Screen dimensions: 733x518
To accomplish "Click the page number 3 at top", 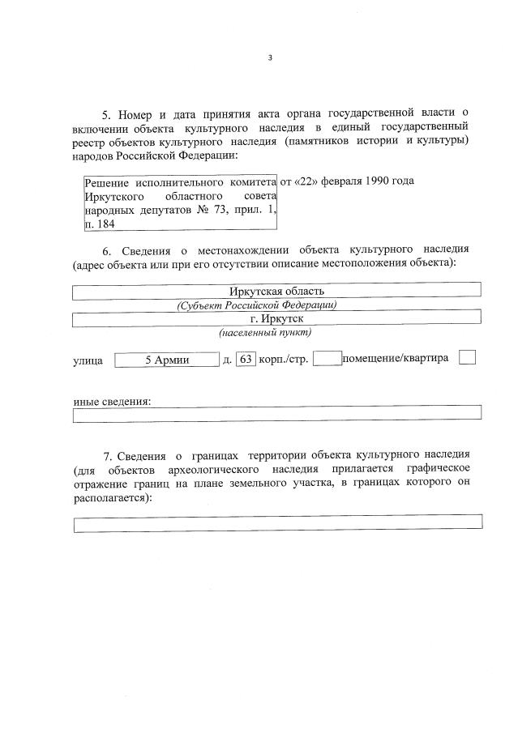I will (x=270, y=58).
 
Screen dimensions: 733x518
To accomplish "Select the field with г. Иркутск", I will (x=276, y=318).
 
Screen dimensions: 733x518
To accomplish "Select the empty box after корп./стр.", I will (x=327, y=359).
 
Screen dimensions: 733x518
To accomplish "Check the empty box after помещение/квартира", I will (x=467, y=357).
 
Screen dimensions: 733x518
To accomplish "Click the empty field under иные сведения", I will (x=276, y=413).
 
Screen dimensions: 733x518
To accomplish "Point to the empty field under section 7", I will (x=277, y=522).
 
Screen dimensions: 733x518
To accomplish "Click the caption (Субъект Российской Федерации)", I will (x=256, y=305).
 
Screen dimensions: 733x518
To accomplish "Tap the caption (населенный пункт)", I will (x=264, y=333).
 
